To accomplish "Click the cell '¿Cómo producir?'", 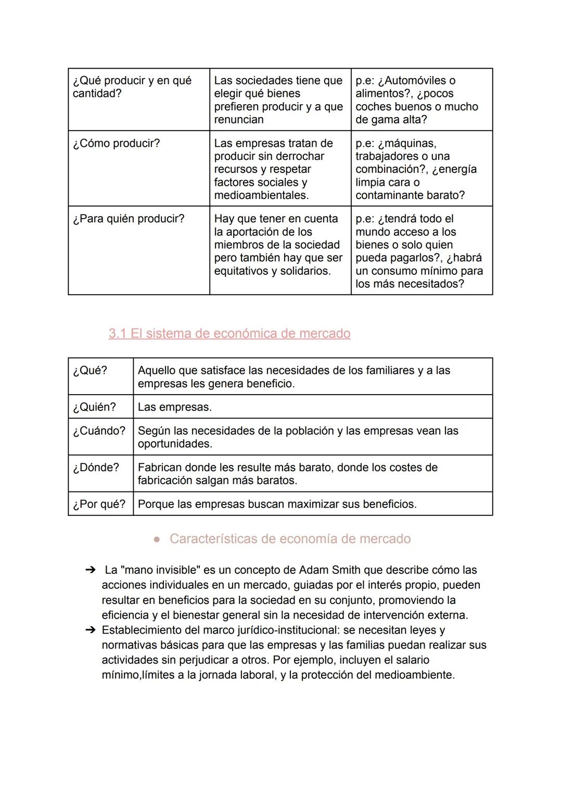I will click(x=117, y=143).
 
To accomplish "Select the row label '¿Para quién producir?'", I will click(x=129, y=219).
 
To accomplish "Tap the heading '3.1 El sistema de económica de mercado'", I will click(x=229, y=333).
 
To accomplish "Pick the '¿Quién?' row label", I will click(x=94, y=407).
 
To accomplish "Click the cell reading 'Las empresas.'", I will click(x=175, y=407).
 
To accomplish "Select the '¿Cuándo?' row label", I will click(x=99, y=431).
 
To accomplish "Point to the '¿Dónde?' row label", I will click(x=96, y=467).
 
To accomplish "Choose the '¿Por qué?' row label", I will click(x=99, y=504).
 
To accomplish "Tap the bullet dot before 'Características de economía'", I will click(x=157, y=539).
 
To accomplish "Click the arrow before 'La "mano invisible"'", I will click(x=90, y=570).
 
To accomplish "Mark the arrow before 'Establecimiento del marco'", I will click(x=90, y=630).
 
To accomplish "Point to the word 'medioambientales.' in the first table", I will click(x=261, y=195).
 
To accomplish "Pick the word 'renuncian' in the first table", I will click(x=239, y=120).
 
